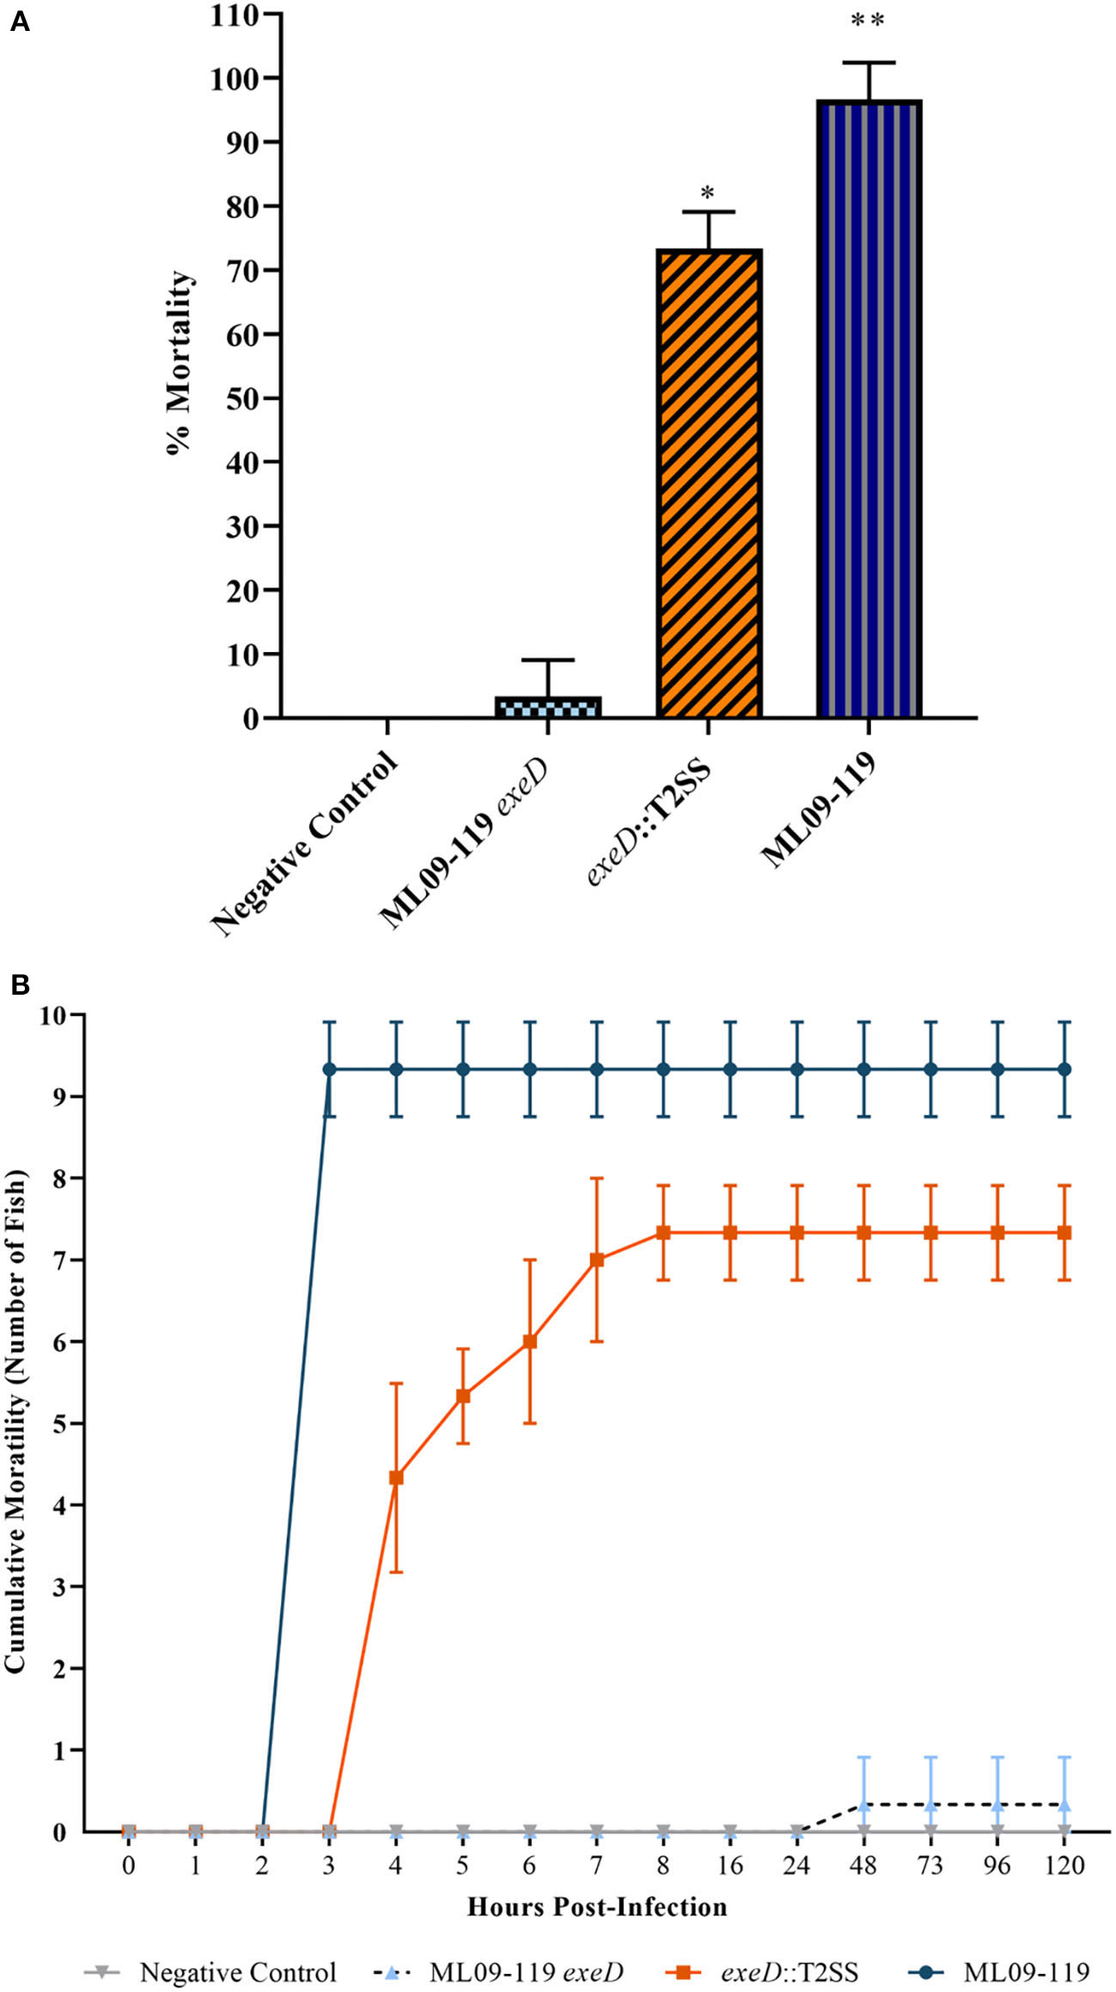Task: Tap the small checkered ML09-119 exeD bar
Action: coord(548,707)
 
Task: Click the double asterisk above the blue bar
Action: coord(868,21)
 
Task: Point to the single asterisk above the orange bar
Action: coord(708,192)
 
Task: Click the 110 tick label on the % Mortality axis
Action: coord(235,15)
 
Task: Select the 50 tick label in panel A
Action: coord(243,398)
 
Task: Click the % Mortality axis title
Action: coord(180,362)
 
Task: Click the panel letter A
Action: coord(19,22)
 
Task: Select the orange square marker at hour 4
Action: coord(396,1477)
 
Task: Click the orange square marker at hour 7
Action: coord(597,1260)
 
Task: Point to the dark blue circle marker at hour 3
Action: coord(329,1069)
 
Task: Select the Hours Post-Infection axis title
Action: coord(597,1907)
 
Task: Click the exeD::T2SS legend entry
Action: coord(789,1972)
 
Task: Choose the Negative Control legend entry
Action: coord(237,1972)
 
